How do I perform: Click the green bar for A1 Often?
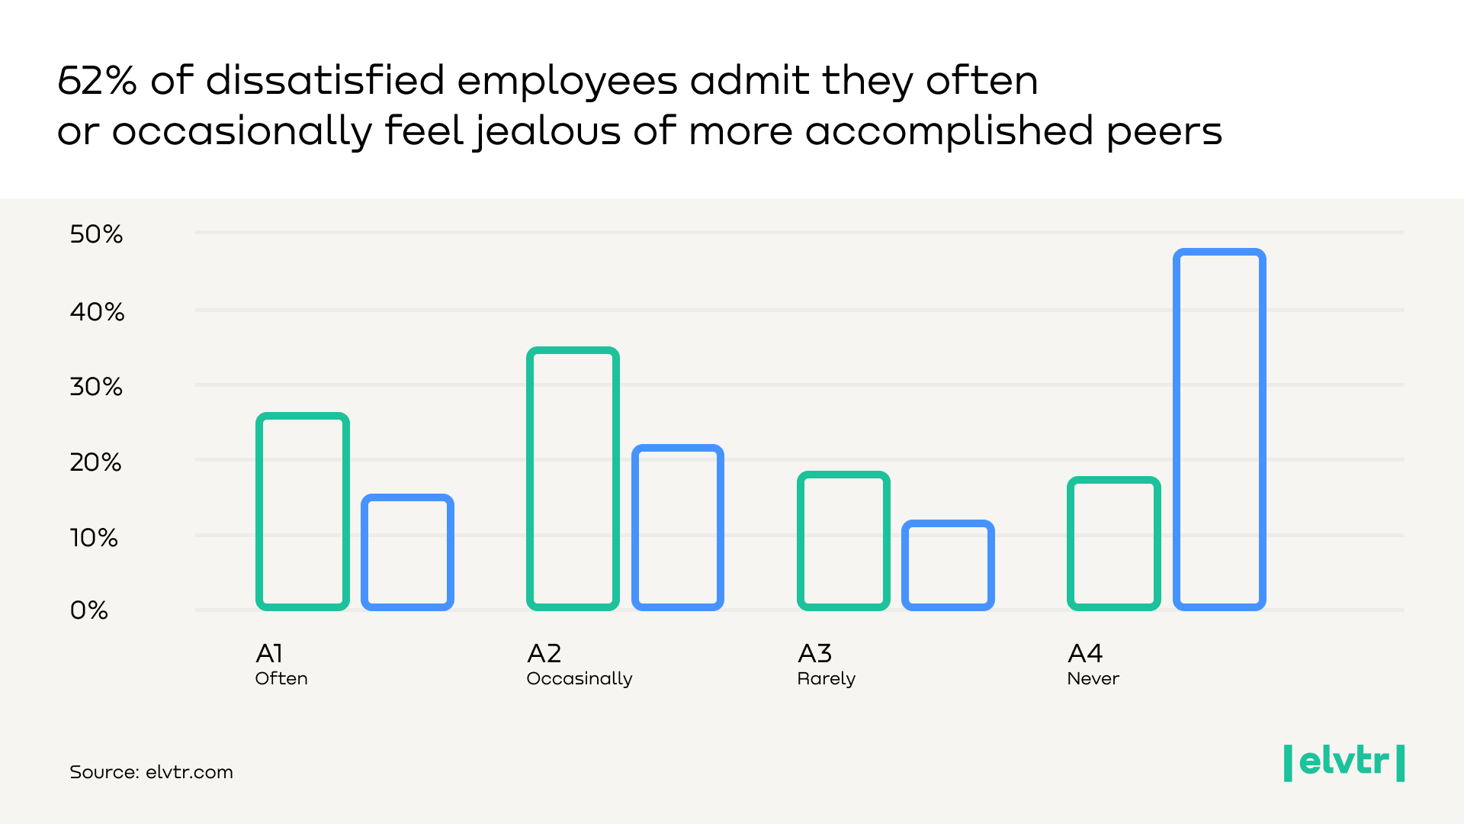[303, 511]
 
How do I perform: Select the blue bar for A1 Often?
[408, 552]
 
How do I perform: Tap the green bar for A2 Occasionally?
[573, 478]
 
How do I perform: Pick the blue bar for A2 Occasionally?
[678, 527]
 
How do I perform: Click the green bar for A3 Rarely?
[843, 541]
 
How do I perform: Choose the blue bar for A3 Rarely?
[948, 565]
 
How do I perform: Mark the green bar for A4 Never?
[1114, 543]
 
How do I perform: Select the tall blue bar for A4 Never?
[1219, 430]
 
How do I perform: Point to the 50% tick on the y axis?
[96, 234]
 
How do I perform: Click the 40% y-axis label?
[97, 312]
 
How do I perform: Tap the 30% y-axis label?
[96, 387]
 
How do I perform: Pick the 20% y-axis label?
[95, 462]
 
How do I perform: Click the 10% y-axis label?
[94, 538]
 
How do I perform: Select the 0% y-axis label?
[88, 610]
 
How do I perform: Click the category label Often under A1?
[281, 678]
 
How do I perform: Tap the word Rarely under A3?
[827, 678]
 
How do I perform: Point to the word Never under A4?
[1093, 678]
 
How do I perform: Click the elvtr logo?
[1344, 762]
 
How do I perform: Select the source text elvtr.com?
[189, 772]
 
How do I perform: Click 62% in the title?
[97, 80]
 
